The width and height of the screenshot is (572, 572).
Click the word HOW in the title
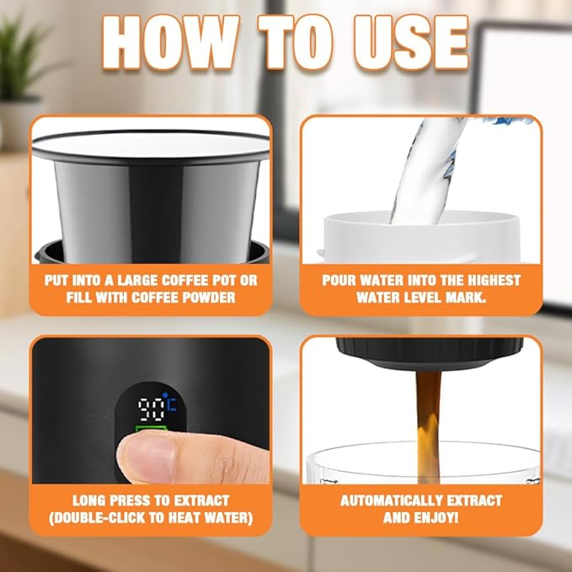click(x=171, y=42)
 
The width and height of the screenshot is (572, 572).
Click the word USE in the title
click(x=411, y=42)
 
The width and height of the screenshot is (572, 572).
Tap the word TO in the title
click(x=296, y=42)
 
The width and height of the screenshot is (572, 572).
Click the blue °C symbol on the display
click(x=170, y=404)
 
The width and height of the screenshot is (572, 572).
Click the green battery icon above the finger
click(x=151, y=428)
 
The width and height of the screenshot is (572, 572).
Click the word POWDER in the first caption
click(x=209, y=297)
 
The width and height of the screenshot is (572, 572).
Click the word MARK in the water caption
click(x=466, y=297)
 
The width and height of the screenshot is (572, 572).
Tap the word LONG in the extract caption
click(x=89, y=500)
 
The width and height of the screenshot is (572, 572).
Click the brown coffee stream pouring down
click(x=428, y=427)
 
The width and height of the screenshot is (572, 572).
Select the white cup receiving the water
click(x=421, y=237)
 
